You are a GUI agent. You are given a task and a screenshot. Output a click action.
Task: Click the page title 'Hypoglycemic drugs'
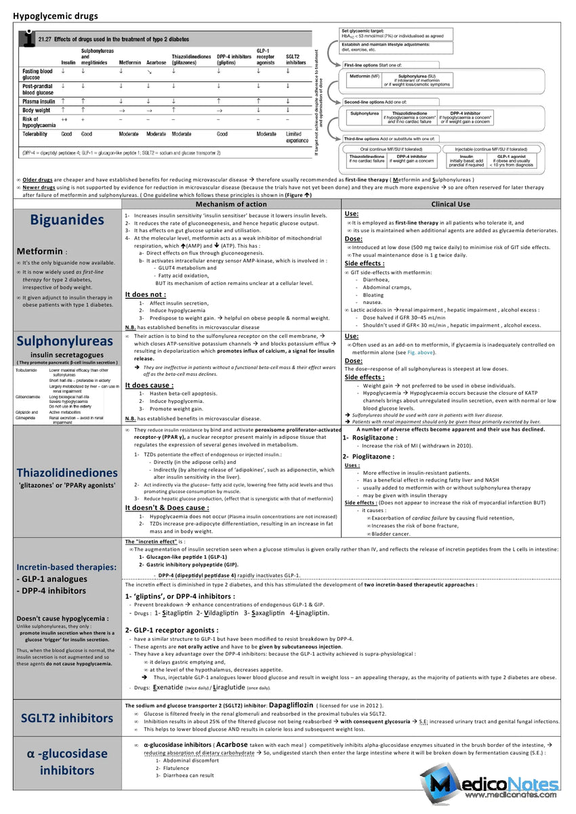[56, 16]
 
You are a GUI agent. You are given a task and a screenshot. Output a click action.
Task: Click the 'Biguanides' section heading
[67, 219]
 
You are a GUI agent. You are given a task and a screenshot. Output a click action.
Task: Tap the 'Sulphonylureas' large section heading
[67, 341]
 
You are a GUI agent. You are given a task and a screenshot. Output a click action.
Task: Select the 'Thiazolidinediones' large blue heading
[67, 472]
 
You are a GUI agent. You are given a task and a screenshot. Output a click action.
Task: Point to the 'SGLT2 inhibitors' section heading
[67, 718]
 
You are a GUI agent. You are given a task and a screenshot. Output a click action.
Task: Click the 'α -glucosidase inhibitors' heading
[67, 762]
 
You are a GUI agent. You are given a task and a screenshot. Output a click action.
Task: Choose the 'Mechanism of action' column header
[231, 204]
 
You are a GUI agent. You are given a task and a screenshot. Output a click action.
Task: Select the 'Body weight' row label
[37, 110]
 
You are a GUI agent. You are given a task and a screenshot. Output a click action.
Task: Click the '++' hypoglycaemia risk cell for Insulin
[65, 119]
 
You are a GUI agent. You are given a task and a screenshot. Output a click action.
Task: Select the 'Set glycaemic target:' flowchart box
[393, 33]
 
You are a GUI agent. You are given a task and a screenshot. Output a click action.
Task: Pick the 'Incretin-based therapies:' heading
[66, 567]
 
